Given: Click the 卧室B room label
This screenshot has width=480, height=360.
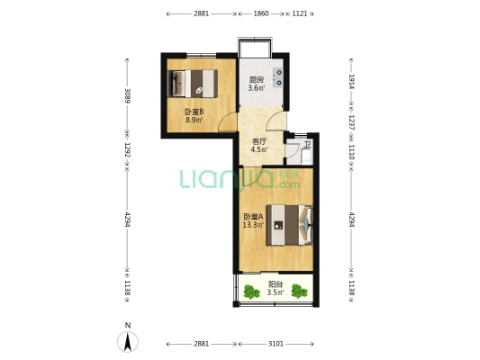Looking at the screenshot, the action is [195, 112].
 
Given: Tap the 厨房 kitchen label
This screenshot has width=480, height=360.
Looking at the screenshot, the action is [257, 80].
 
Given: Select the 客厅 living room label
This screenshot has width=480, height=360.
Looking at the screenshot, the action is [259, 141].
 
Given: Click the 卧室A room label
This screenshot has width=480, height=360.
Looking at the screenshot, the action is [253, 217].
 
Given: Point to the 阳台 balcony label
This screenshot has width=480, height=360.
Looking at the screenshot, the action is [276, 284].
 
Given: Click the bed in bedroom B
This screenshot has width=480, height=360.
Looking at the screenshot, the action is [193, 84].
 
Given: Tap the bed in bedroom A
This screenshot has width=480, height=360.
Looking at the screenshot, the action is [290, 225].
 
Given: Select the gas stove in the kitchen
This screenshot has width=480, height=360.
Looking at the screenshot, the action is [278, 77].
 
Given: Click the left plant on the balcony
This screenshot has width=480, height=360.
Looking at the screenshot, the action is [251, 292].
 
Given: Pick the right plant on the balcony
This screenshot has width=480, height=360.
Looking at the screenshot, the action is [299, 292].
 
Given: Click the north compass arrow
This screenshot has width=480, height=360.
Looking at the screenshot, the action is [128, 342].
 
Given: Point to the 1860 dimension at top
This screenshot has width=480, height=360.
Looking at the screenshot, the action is [261, 13].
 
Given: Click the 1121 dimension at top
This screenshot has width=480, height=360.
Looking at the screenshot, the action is [299, 13].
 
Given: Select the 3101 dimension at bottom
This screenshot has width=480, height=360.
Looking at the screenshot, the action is [276, 344].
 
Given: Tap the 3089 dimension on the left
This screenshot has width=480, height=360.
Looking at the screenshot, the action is [128, 95].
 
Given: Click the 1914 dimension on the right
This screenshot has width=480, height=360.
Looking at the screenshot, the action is [351, 82].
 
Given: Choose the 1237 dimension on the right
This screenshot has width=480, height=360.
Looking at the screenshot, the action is [351, 122].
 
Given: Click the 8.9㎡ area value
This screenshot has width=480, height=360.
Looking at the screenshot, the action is [195, 120].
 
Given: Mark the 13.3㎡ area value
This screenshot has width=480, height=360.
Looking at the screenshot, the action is [253, 225].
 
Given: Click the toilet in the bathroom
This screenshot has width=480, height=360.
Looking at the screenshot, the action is [306, 156].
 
